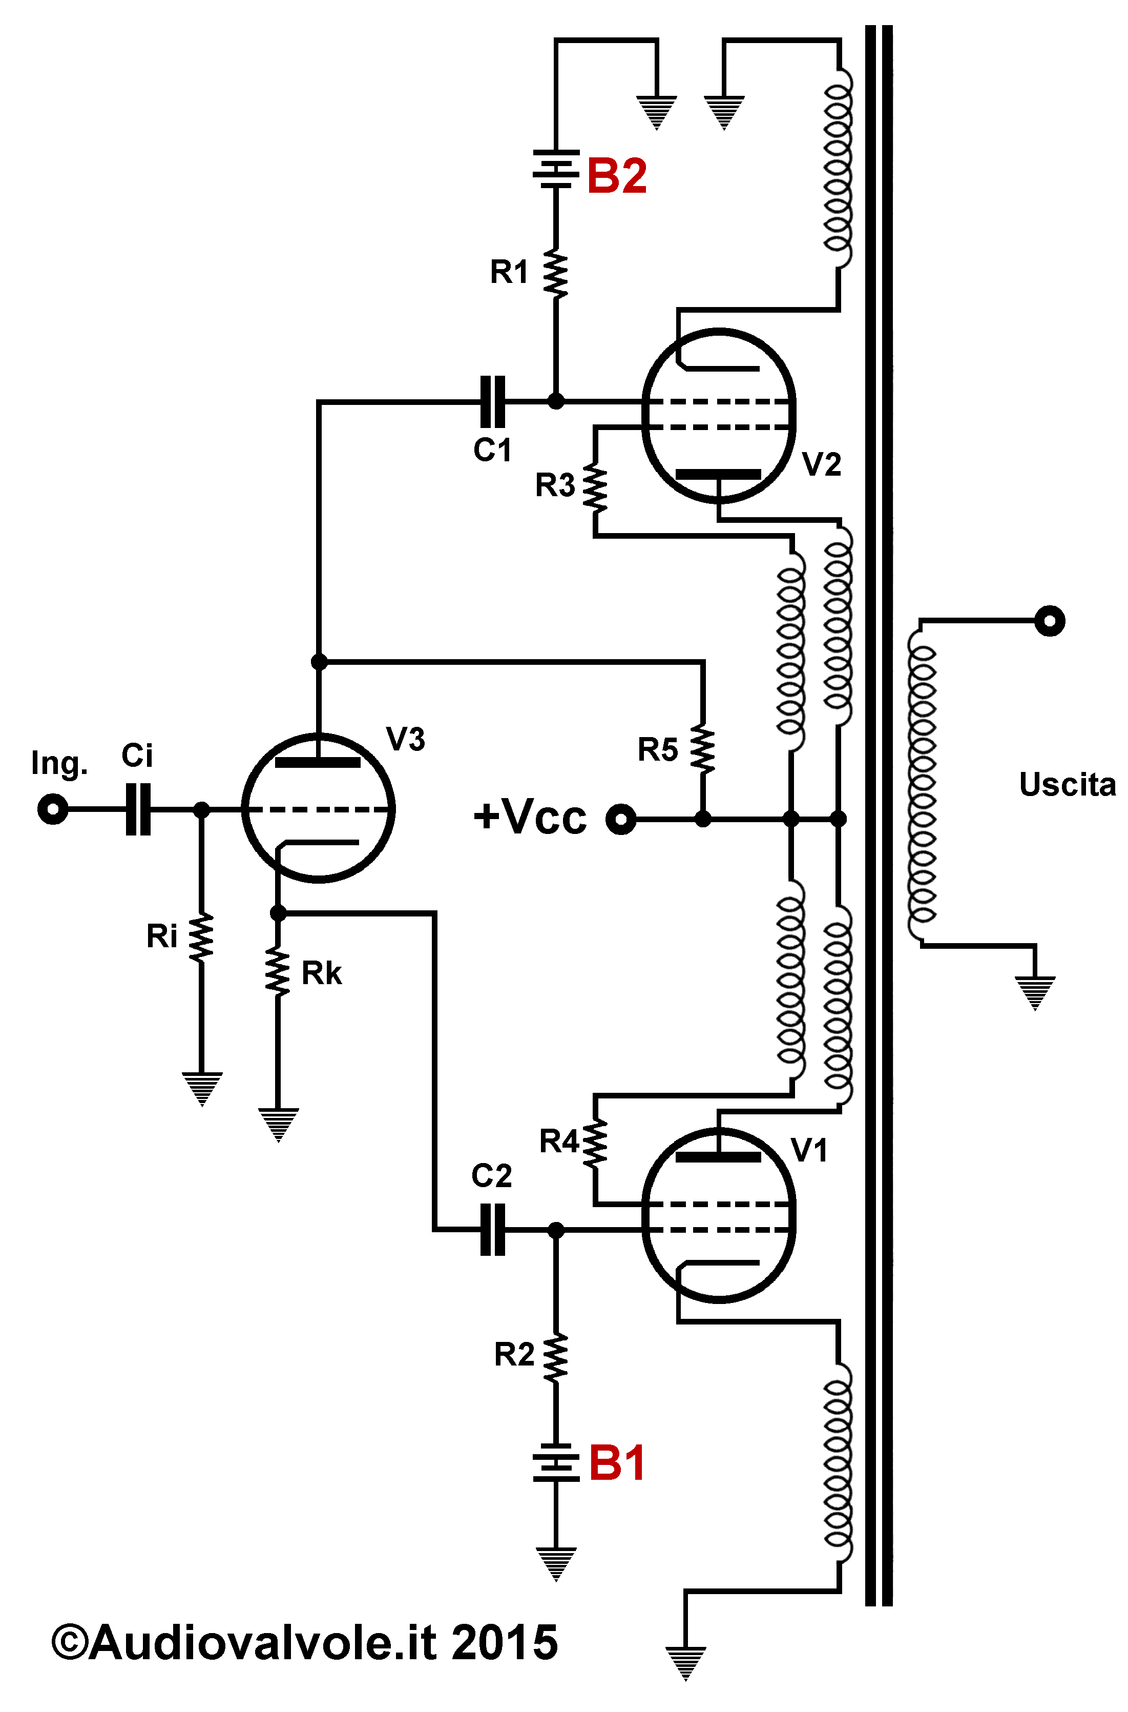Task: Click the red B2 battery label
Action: click(617, 176)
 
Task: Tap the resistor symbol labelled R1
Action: click(555, 274)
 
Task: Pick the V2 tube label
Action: click(822, 464)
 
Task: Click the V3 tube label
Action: click(406, 739)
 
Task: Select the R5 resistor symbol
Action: click(703, 750)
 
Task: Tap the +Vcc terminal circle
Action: click(621, 819)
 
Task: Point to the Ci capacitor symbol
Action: click(138, 809)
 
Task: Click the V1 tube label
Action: click(809, 1151)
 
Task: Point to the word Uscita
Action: click(1068, 784)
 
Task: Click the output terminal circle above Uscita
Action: click(1050, 620)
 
